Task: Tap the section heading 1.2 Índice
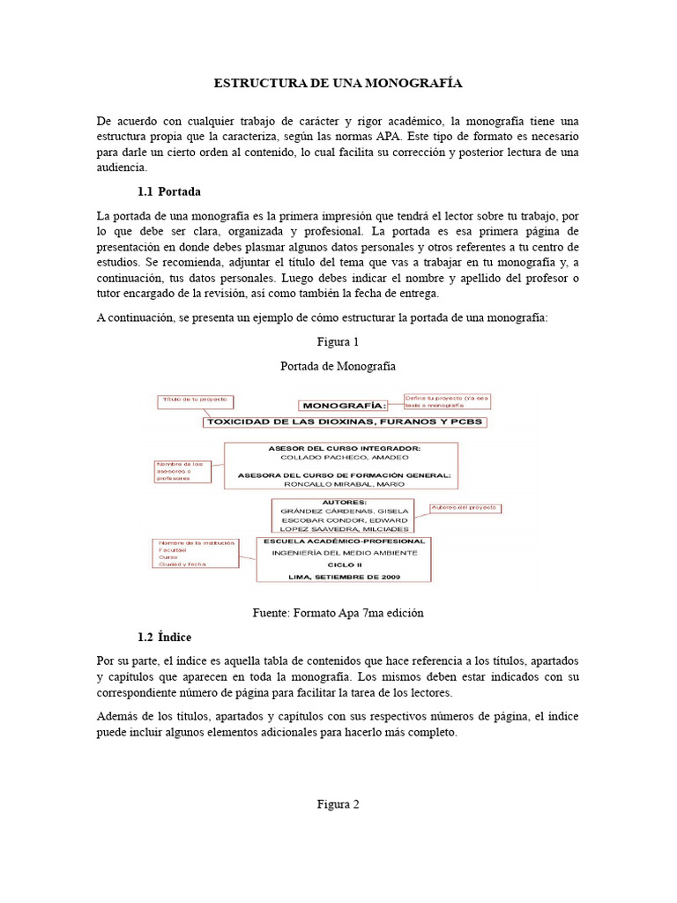(165, 636)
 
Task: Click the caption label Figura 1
(338, 341)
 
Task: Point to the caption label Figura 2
(338, 803)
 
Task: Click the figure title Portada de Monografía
(338, 366)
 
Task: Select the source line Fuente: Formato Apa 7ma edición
(338, 613)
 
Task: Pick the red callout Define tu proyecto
(445, 401)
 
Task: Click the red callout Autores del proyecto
(465, 508)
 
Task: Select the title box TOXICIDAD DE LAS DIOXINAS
(346, 422)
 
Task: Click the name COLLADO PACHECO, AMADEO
(342, 459)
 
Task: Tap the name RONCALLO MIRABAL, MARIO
(343, 484)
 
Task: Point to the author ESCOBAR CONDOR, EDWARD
(344, 519)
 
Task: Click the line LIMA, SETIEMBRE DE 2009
(344, 575)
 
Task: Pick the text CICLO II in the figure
(344, 562)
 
